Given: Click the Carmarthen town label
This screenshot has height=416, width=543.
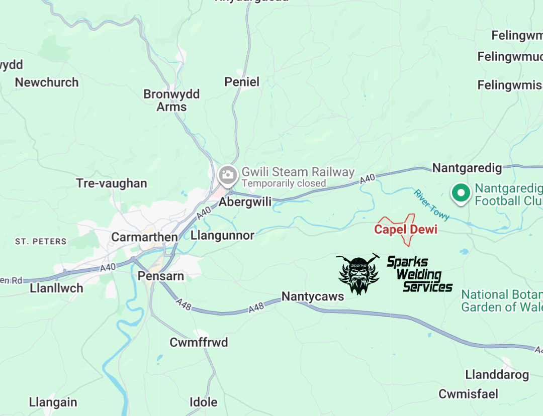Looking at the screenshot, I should (x=144, y=237).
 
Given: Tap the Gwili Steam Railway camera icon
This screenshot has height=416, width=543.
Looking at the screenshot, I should (x=228, y=175).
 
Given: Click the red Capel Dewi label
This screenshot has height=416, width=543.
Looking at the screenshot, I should (x=406, y=230).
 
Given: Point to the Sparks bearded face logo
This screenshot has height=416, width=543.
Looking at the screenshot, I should (x=358, y=274).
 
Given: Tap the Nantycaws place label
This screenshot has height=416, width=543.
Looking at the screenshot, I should (x=313, y=296).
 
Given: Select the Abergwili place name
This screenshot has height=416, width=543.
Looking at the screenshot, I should (x=245, y=202).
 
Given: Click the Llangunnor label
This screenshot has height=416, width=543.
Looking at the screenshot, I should (x=223, y=236).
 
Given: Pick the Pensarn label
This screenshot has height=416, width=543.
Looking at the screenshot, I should (x=161, y=276).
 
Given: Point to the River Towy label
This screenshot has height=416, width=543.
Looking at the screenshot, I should (x=431, y=204).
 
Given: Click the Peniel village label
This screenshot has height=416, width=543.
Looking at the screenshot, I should (x=242, y=82).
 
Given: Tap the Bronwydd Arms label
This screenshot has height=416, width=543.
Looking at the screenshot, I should (x=171, y=100).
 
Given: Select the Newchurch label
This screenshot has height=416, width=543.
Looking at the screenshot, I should (x=47, y=82).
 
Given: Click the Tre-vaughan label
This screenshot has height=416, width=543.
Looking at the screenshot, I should (x=112, y=183).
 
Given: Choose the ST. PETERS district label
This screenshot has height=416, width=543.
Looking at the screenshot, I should (x=41, y=242).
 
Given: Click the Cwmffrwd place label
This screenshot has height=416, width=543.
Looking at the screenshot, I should (x=199, y=343).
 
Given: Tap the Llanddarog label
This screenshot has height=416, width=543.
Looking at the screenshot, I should (x=497, y=375).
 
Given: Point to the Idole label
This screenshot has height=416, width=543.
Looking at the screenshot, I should (x=203, y=402).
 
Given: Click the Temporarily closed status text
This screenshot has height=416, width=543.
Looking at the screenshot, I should (x=284, y=183).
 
